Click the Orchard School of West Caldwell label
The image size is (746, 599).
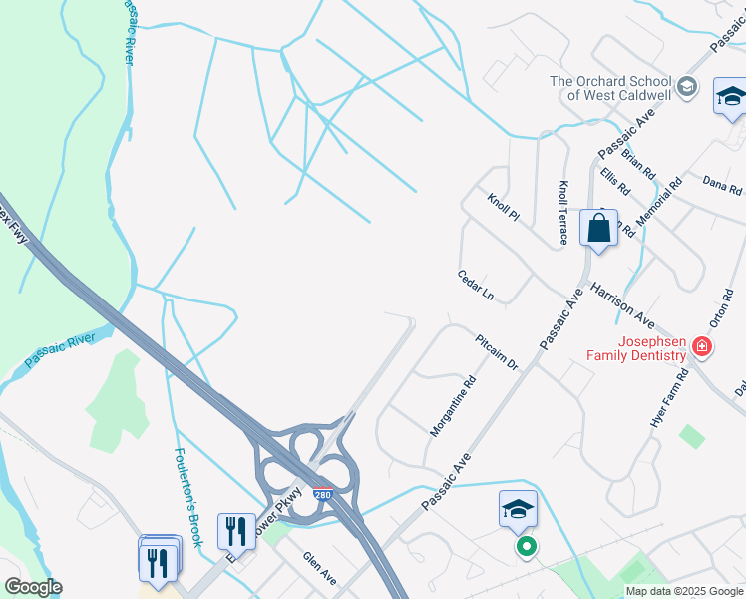pos(606,88)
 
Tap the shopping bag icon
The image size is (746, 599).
pos(598,228)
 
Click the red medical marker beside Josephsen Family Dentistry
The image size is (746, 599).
pos(702,347)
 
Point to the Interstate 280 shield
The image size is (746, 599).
pos(322,494)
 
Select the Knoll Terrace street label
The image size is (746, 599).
pos(563,212)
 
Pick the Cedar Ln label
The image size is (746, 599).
pos(476,285)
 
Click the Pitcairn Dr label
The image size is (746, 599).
pos(498,352)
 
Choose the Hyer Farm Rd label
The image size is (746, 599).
pos(670,399)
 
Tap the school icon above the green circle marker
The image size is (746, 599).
pos(519,510)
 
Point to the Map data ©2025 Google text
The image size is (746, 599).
pos(683,591)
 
